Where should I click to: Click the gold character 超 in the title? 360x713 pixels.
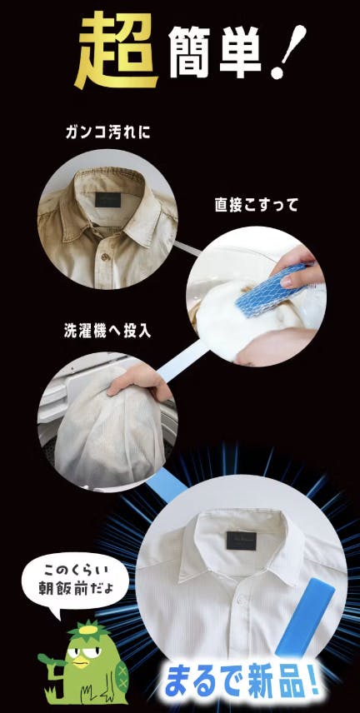(117, 49)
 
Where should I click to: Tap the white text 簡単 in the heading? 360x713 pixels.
(215, 52)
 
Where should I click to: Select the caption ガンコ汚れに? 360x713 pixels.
(107, 132)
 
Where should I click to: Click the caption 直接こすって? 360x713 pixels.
(256, 205)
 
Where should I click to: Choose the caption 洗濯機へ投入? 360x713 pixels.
(107, 331)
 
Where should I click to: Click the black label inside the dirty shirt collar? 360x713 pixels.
(107, 200)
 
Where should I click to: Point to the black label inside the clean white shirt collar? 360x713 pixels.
(241, 541)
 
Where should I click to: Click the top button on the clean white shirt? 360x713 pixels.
(240, 601)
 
